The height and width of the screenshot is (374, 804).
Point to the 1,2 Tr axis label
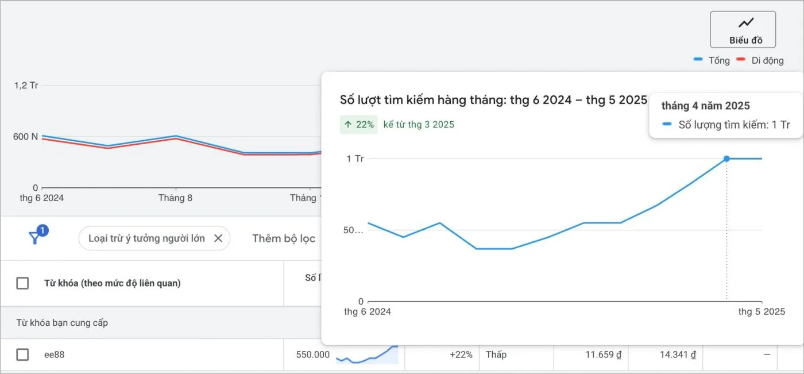[x=26, y=86]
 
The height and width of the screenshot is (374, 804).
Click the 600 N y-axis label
[x=26, y=137]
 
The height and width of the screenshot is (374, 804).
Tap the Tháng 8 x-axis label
[x=175, y=198]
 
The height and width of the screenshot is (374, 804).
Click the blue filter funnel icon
[x=35, y=238]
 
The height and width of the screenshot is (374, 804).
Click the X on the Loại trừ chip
[x=218, y=238]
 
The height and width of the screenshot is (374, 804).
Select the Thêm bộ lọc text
[x=284, y=238]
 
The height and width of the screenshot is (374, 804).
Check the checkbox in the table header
[x=22, y=283]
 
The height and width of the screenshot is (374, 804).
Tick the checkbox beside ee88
[x=22, y=354]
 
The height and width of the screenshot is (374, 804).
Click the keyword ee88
[x=55, y=354]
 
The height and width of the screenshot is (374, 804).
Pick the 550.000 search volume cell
[x=312, y=354]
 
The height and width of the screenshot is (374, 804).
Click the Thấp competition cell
[x=496, y=354]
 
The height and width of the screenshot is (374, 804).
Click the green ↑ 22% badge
[x=358, y=124]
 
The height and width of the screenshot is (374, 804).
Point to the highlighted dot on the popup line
[x=726, y=159]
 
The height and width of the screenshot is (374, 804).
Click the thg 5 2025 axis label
[x=762, y=312]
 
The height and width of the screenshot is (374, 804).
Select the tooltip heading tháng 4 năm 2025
[x=705, y=106]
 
